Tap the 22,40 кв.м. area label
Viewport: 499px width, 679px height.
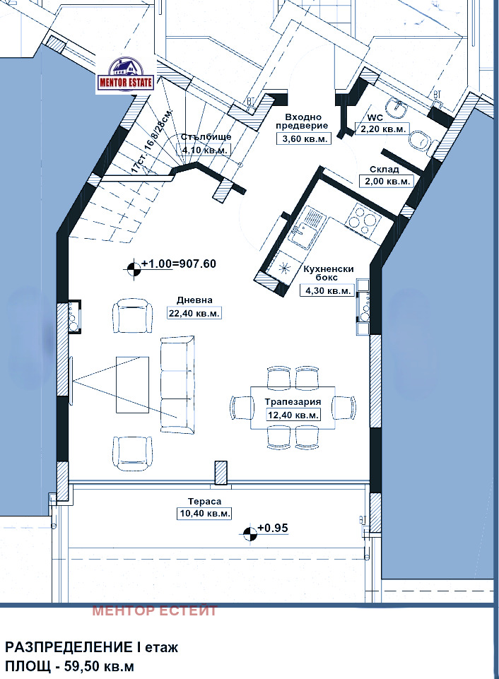click(194, 313)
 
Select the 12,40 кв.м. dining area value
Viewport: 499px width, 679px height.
click(294, 415)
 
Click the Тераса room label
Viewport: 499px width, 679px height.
click(204, 502)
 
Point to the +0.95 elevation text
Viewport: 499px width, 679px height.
click(273, 529)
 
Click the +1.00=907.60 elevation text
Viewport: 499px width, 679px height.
click(179, 264)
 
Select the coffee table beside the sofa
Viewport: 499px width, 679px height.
click(133, 384)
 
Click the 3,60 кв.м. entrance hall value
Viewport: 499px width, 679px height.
click(304, 138)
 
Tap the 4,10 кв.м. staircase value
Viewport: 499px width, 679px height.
click(204, 150)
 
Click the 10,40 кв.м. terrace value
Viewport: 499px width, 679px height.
click(204, 514)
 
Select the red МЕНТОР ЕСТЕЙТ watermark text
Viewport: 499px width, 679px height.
click(155, 611)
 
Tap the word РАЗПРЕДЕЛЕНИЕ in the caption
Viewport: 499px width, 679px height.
click(69, 648)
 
